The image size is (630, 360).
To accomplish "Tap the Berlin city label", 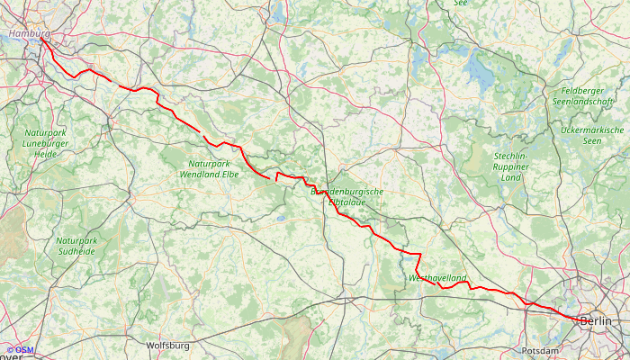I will pyautogui.click(x=595, y=321).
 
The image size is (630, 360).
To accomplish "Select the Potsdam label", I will pyautogui.click(x=540, y=350).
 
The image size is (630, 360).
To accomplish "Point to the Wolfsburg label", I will pyautogui.click(x=167, y=345).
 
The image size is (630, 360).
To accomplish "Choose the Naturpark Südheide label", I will pyautogui.click(x=76, y=247).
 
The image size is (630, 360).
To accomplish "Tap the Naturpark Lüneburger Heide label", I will pyautogui.click(x=45, y=143).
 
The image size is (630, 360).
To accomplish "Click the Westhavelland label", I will pyautogui.click(x=437, y=279).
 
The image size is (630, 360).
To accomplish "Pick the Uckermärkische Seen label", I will pyautogui.click(x=591, y=135).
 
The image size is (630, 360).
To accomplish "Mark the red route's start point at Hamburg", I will pyautogui.click(x=41, y=37).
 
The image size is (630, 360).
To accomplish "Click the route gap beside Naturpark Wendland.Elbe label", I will pyautogui.click(x=273, y=176).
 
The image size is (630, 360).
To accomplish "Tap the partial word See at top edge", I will pyautogui.click(x=461, y=4).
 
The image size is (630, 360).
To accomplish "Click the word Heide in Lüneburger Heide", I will pyautogui.click(x=45, y=154).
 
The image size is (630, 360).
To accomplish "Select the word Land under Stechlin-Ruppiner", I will pyautogui.click(x=511, y=177).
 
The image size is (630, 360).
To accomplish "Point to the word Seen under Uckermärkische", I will pyautogui.click(x=591, y=140).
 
